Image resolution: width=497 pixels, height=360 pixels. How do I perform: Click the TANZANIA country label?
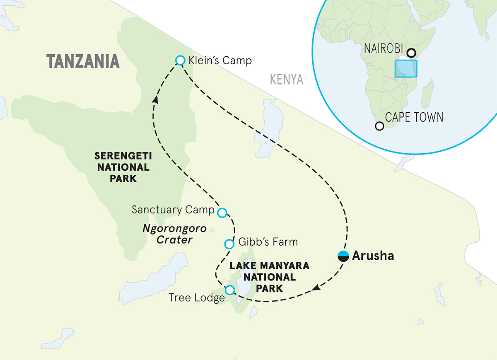(x=83, y=61)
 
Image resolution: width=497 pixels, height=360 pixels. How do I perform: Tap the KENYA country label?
(x=286, y=79)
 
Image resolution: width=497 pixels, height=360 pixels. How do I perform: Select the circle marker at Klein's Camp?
(x=180, y=60)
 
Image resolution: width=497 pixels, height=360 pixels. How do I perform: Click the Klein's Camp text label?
(x=220, y=60)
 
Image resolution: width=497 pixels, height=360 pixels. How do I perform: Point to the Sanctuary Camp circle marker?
(x=222, y=213)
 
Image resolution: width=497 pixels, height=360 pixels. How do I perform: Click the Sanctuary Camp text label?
(x=173, y=210)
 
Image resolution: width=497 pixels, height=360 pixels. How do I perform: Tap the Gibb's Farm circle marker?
(x=229, y=244)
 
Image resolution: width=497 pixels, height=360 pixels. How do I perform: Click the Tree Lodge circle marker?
(x=230, y=290)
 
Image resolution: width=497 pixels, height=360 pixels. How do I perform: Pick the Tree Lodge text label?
(x=197, y=298)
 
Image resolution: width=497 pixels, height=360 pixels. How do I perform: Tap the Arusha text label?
(x=373, y=256)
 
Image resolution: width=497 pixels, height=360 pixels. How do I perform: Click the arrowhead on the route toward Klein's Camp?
(x=156, y=99)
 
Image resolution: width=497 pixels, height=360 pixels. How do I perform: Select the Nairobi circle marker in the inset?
(x=411, y=53)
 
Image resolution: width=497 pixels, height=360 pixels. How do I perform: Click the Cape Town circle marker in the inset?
(x=379, y=126)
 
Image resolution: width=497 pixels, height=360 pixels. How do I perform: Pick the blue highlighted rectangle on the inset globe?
(x=406, y=69)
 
